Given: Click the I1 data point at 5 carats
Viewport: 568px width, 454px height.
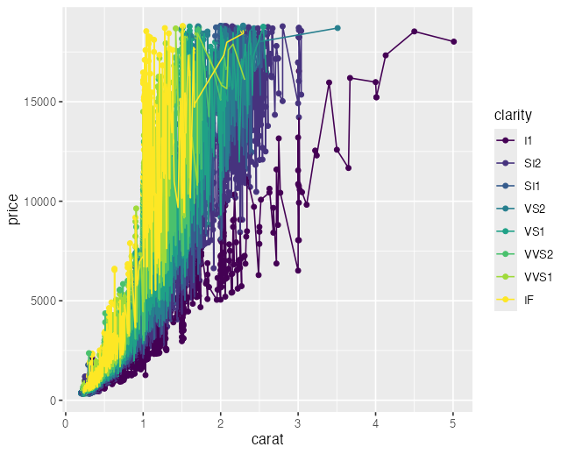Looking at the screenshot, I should (x=453, y=41).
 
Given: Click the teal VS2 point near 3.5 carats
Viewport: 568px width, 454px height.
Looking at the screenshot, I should (x=337, y=28).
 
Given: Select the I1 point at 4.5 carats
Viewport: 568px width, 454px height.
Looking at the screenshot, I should (x=415, y=32).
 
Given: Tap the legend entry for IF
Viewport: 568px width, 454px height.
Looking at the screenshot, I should (x=529, y=300).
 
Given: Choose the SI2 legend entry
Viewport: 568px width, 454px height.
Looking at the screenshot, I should (x=532, y=163).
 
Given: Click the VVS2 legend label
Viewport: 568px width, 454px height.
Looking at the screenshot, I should (x=538, y=254).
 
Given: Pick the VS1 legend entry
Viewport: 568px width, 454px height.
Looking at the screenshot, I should (x=533, y=231).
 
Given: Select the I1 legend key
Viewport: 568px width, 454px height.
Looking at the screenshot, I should (x=505, y=140).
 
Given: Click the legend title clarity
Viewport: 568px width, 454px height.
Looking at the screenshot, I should (x=514, y=116).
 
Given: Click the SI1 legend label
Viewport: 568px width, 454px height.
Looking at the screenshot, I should (x=532, y=186).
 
